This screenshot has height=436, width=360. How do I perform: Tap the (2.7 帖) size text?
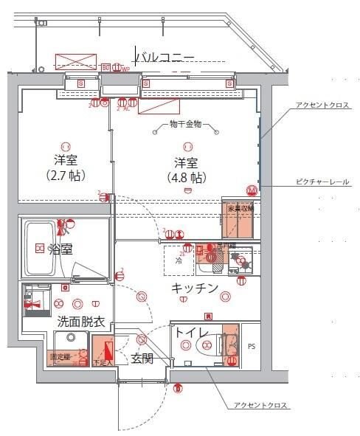[65, 177]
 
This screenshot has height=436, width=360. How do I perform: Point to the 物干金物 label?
[185, 124]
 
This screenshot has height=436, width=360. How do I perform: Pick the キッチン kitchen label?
[195, 288]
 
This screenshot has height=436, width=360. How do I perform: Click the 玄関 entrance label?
[142, 359]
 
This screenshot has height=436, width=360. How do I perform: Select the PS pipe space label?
[252, 345]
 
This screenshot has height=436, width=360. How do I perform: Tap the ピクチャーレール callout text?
[323, 181]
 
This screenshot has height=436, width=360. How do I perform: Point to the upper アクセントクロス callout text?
[322, 105]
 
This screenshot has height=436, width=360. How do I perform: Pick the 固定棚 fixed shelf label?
[60, 357]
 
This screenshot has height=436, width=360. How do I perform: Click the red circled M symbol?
[252, 190]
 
